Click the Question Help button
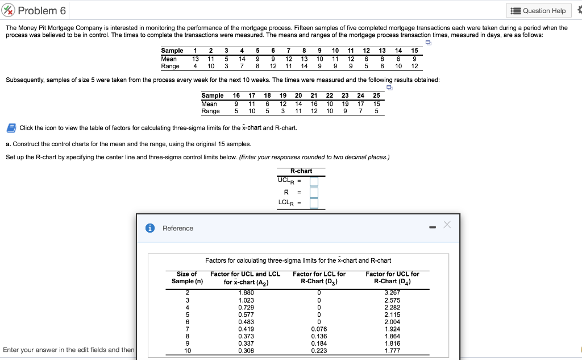click(x=538, y=11)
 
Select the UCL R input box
click(x=314, y=181)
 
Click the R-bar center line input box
click(x=314, y=192)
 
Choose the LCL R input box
click(x=314, y=203)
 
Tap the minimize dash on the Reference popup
click(x=433, y=228)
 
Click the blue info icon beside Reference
click(x=151, y=228)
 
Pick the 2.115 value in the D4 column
click(x=392, y=315)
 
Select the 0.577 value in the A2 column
click(x=246, y=315)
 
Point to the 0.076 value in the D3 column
click(x=319, y=329)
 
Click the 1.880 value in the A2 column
click(x=246, y=293)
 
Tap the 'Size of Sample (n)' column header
click(x=187, y=278)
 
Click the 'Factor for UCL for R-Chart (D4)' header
click(x=392, y=278)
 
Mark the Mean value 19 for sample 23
click(x=345, y=104)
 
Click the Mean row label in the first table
click(x=169, y=59)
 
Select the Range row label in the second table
click(x=210, y=111)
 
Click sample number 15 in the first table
click(x=414, y=51)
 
